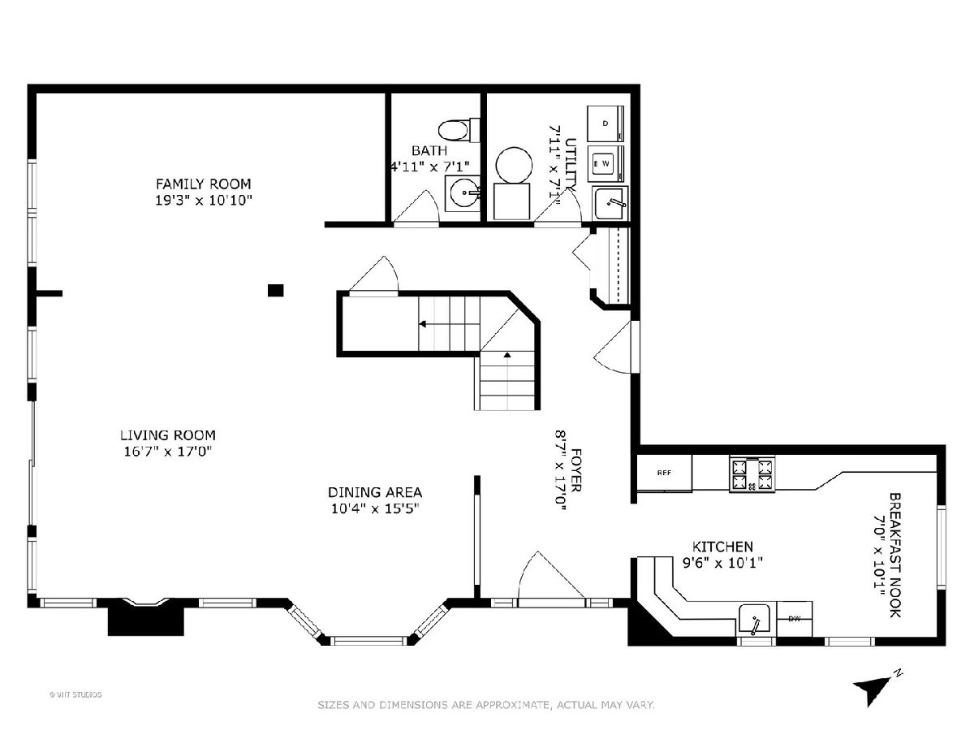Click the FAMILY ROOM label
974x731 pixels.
pos(203,184)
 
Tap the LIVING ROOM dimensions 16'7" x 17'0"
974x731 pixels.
pos(168,452)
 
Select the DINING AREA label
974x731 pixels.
pos(375,492)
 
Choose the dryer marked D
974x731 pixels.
pos(606,123)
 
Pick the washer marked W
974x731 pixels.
pos(606,163)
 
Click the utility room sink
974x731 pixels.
pos(610,203)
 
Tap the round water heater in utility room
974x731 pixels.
pos(514,165)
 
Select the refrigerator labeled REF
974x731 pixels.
pos(664,474)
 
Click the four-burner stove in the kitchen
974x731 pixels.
pos(752,474)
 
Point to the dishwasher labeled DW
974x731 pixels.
pos(795,619)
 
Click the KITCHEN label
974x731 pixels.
pos(723,547)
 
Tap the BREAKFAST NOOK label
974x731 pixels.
pos(895,555)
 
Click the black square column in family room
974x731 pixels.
pos(275,290)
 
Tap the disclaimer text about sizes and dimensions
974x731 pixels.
pos(486,704)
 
